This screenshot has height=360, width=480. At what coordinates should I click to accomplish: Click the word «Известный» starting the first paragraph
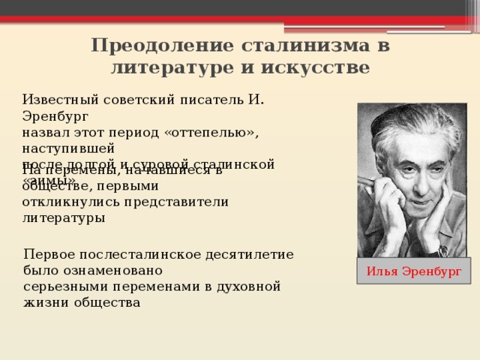[58, 99]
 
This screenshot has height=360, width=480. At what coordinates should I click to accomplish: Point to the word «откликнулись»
[67, 202]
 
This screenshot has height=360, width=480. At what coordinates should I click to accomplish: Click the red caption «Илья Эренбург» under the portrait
[413, 271]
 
